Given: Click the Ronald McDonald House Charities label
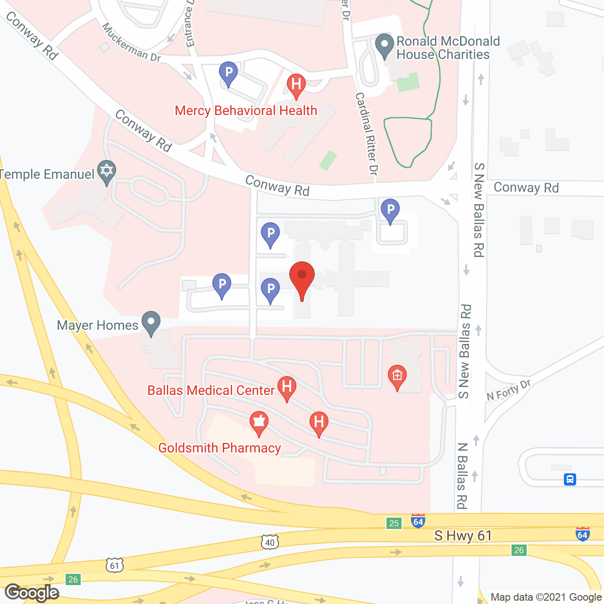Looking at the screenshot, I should (447, 48).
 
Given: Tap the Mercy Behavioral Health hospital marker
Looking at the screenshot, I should (296, 85).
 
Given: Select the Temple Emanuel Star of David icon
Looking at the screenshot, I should (106, 171).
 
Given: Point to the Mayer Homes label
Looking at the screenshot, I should (97, 325).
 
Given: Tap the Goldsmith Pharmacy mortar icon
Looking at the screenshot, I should (259, 421).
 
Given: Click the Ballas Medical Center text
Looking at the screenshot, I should (210, 390).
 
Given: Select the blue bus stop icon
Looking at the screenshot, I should (570, 479).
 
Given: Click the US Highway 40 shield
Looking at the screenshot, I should (269, 542).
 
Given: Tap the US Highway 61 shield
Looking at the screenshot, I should (115, 565).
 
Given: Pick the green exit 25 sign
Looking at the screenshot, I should (394, 523).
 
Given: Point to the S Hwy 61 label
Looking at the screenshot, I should (463, 536).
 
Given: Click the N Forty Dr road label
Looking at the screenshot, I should (509, 390).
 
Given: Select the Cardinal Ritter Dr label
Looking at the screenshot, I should (367, 134).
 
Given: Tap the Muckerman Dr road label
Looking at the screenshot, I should (131, 43).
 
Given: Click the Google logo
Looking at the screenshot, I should (32, 593).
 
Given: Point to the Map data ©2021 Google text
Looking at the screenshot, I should (546, 597).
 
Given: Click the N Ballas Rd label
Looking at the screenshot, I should (462, 476).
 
